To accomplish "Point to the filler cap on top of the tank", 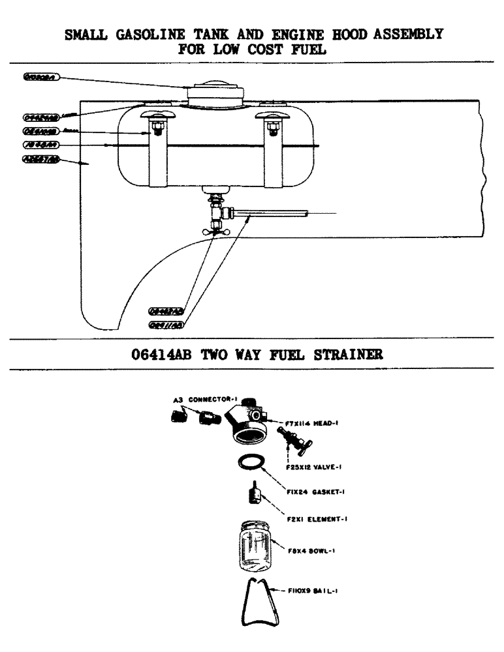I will tap(216, 91).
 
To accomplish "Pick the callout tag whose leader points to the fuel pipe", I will tap(167, 323).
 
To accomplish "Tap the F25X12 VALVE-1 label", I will tap(306, 467).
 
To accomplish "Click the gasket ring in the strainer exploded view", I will tap(251, 463).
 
